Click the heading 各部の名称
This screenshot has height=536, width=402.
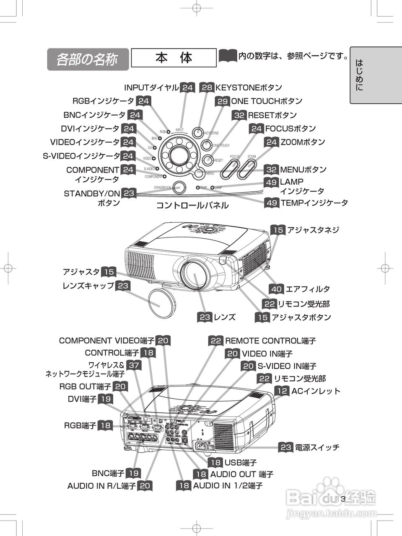coord(87,59)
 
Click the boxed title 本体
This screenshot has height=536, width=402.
coord(174,58)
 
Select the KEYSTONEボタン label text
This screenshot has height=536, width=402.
coord(249,88)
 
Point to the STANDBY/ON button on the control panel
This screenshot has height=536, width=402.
coord(179,187)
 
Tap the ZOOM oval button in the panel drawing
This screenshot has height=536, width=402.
coord(247,169)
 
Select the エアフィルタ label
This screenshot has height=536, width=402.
coord(307,289)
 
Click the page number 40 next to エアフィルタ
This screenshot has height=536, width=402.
coord(276,289)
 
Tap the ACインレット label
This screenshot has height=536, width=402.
coord(316,391)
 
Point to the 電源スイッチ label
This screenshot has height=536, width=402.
coord(317,447)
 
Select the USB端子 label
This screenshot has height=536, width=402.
coord(241,462)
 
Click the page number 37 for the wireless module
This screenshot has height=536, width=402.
coord(134,365)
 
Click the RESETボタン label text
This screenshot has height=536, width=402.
coord(272,115)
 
